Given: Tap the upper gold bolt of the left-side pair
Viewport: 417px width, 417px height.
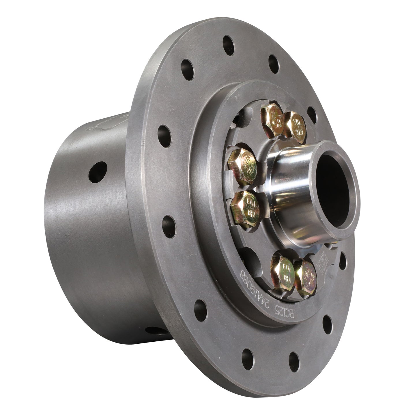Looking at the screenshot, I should (242, 163).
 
